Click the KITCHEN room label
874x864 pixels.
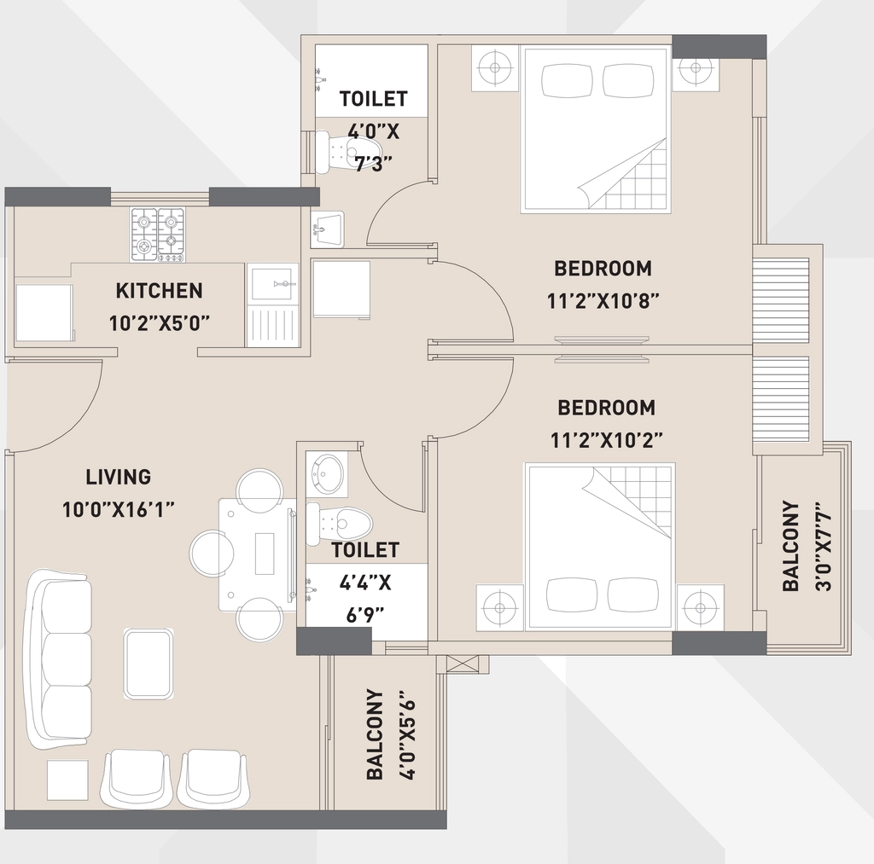coord(159,291)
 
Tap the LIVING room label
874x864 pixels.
coord(118,477)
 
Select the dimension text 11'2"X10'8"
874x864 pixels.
coord(603,301)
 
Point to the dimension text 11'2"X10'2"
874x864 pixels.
coord(607,441)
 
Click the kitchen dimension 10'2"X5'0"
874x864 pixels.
coord(160,323)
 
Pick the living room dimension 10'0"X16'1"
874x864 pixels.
coord(119,510)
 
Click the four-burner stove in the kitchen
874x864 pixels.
coord(158,235)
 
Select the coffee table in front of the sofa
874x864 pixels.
coord(148,664)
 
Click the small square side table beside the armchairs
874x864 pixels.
coord(67,780)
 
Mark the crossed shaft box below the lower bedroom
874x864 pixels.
coord(463,664)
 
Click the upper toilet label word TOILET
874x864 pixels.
coord(374,99)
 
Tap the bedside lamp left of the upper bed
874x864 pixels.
coord(495,68)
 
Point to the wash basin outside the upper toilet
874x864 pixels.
coord(328,229)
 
